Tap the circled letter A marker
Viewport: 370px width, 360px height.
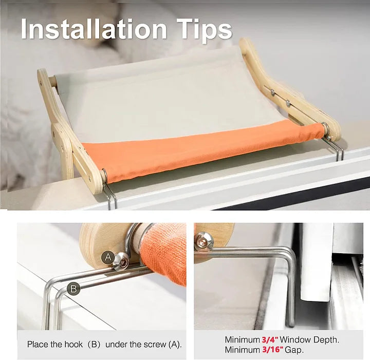point(107,257)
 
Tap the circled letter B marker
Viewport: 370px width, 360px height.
point(74,289)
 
